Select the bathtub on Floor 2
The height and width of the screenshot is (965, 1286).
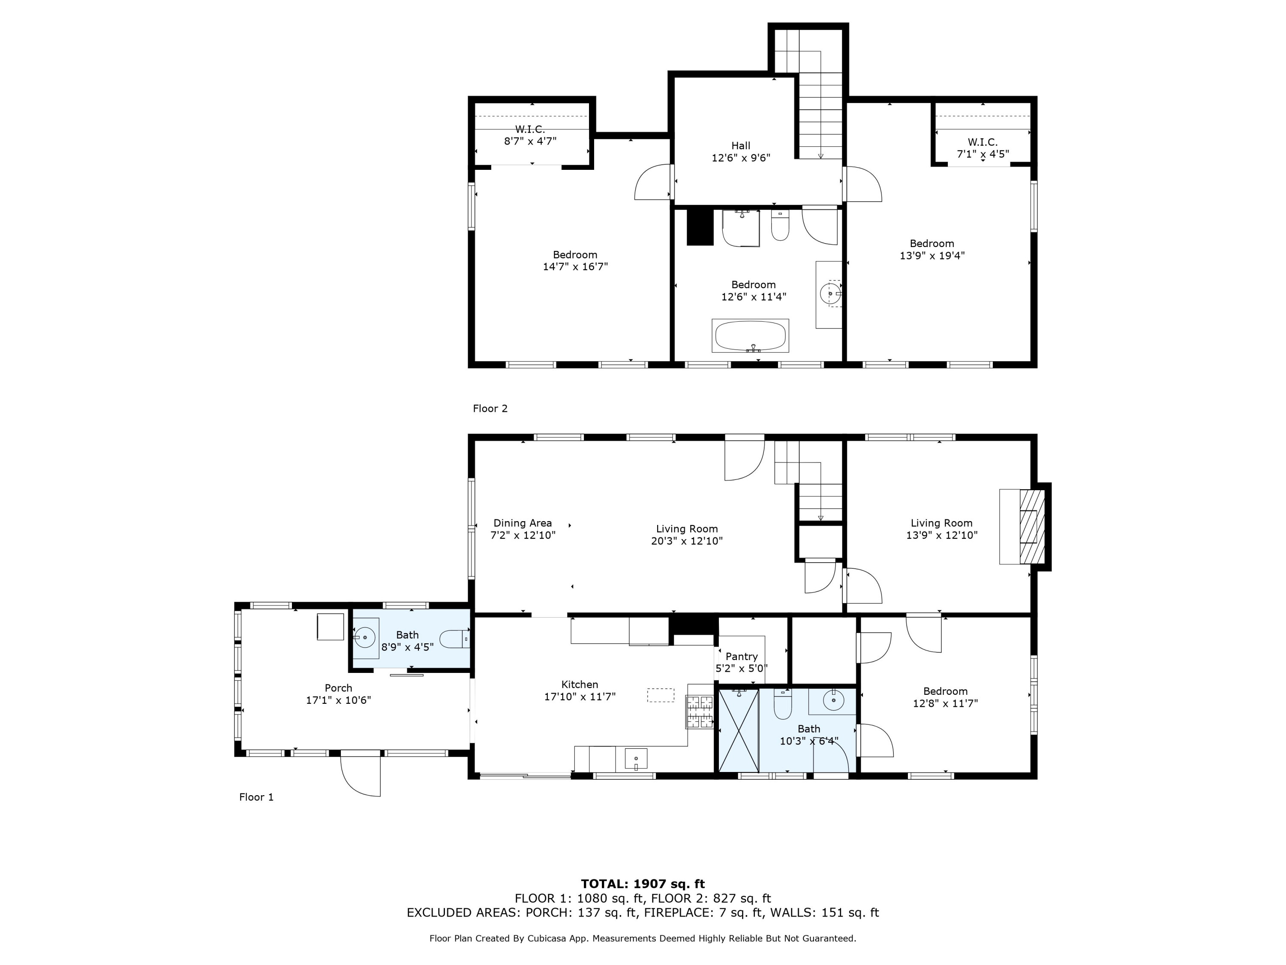click(750, 336)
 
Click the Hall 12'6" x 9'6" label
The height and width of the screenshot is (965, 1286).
click(741, 152)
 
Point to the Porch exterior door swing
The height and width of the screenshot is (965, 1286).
click(361, 775)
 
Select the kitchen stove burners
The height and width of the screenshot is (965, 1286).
click(700, 712)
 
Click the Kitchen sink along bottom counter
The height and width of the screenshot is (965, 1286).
click(636, 759)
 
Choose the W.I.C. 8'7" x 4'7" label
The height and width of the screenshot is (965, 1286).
click(530, 135)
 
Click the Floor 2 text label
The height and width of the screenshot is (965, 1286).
click(490, 409)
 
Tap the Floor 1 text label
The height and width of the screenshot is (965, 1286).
click(256, 797)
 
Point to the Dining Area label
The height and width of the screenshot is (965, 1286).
click(523, 529)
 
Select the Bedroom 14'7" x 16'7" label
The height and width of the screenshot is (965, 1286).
click(575, 261)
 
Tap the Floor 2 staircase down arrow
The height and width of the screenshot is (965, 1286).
click(820, 155)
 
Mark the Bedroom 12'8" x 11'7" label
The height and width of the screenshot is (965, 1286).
click(945, 697)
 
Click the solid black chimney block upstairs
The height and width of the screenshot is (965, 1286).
click(700, 227)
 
